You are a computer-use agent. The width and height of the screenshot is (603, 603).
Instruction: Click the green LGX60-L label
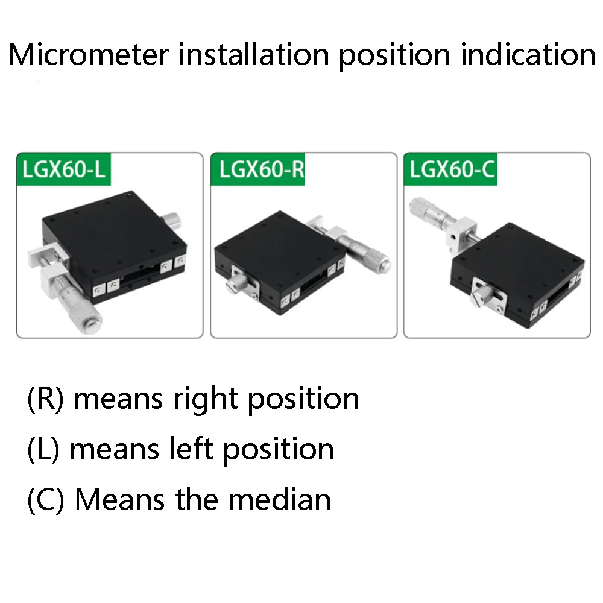(63, 169)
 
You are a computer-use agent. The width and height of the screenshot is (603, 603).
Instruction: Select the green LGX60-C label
(452, 169)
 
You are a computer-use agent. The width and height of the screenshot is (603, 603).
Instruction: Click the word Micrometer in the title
(89, 55)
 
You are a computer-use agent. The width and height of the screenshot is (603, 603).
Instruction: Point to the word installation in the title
(253, 55)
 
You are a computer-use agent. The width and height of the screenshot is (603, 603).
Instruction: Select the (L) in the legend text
(43, 449)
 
